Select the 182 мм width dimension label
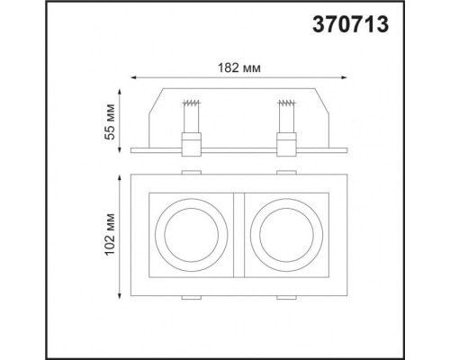[239, 67]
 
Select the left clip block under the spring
[190, 141]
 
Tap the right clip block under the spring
[286, 141]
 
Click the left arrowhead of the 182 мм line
[132, 78]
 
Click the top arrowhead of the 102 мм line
[120, 173]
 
